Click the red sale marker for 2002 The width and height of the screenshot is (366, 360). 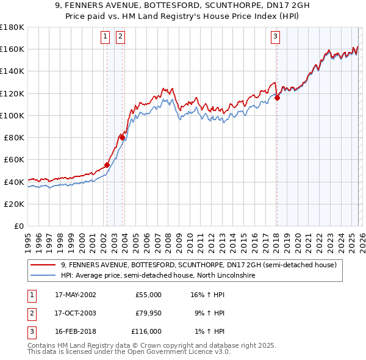point(107,165)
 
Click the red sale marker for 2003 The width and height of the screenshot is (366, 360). point(122,137)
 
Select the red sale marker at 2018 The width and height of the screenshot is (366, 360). point(277,97)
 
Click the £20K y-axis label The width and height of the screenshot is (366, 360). point(14,204)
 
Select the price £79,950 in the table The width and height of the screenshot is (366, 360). point(148,313)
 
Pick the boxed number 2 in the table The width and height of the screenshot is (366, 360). point(31,313)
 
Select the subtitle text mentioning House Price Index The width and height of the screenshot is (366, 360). point(183,16)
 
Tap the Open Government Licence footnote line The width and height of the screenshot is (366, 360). point(129,352)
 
